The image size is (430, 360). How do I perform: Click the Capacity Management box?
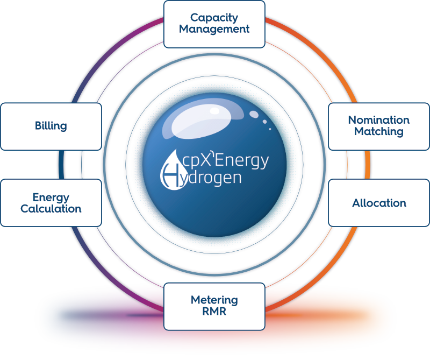pyautogui.click(x=214, y=24)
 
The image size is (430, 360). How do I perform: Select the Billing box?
pyautogui.click(x=51, y=126)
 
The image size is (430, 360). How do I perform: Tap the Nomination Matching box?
pyautogui.click(x=378, y=126)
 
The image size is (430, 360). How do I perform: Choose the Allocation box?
pyautogui.click(x=378, y=203)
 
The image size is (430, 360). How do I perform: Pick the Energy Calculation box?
pyautogui.click(x=51, y=203)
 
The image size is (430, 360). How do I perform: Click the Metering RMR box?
pyautogui.click(x=214, y=306)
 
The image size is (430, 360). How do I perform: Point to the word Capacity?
pyautogui.click(x=214, y=18)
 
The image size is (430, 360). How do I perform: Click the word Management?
pyautogui.click(x=214, y=29)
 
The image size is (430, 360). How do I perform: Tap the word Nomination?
pyautogui.click(x=379, y=120)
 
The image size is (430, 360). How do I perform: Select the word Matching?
pyautogui.click(x=379, y=131)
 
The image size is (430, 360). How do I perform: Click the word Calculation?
pyautogui.click(x=51, y=209)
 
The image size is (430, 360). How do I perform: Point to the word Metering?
pyautogui.click(x=214, y=300)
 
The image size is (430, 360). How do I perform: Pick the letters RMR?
pyautogui.click(x=214, y=311)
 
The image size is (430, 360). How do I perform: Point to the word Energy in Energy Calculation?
pyautogui.click(x=51, y=197)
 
